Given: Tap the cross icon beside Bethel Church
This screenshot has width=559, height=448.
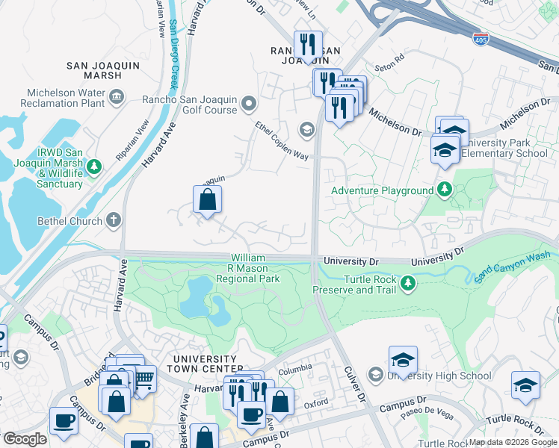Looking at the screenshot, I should [114, 220].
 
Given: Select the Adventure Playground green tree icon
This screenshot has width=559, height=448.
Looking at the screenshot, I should [445, 190].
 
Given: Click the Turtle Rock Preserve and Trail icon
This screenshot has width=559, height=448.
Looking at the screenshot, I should [407, 283].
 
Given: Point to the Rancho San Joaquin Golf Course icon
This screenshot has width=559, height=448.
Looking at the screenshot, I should [249, 103].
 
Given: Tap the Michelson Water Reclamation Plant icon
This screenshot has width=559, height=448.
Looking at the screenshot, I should [117, 96].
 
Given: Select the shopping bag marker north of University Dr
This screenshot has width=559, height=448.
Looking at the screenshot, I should [207, 199].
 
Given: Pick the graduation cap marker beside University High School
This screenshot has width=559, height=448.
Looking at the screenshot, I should [403, 361].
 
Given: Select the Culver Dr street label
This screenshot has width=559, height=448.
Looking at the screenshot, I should [354, 384].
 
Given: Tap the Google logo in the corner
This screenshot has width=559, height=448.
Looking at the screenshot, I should [24, 439].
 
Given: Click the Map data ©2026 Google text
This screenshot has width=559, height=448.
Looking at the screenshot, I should [512, 442].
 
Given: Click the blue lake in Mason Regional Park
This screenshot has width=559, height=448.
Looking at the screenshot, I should [202, 299].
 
